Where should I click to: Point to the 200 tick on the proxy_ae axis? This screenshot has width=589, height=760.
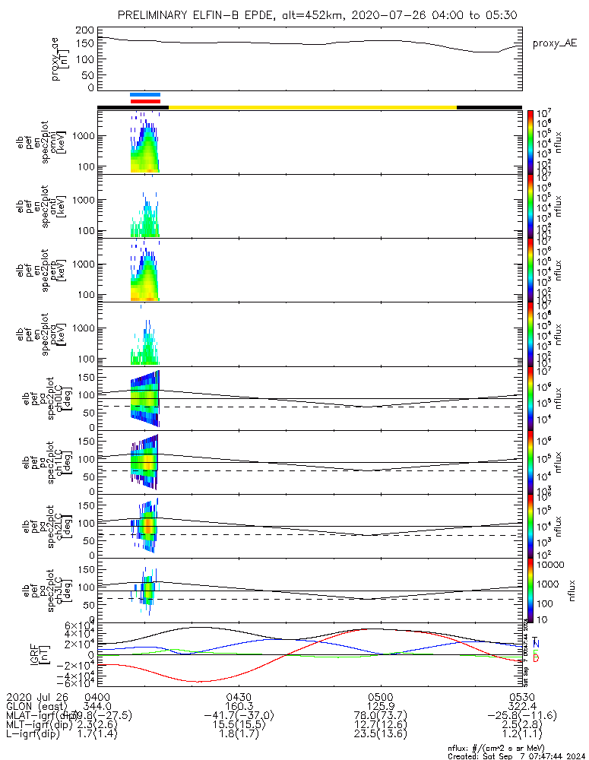coord(87,30)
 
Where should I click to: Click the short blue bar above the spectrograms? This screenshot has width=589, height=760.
coord(145,94)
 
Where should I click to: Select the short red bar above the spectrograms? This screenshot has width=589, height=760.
coord(145,100)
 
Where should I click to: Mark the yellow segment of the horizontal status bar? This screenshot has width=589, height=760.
coord(312,107)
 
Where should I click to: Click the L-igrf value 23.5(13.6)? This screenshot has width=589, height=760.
coord(380,736)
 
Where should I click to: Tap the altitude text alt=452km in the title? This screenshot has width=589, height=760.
coord(310,15)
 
